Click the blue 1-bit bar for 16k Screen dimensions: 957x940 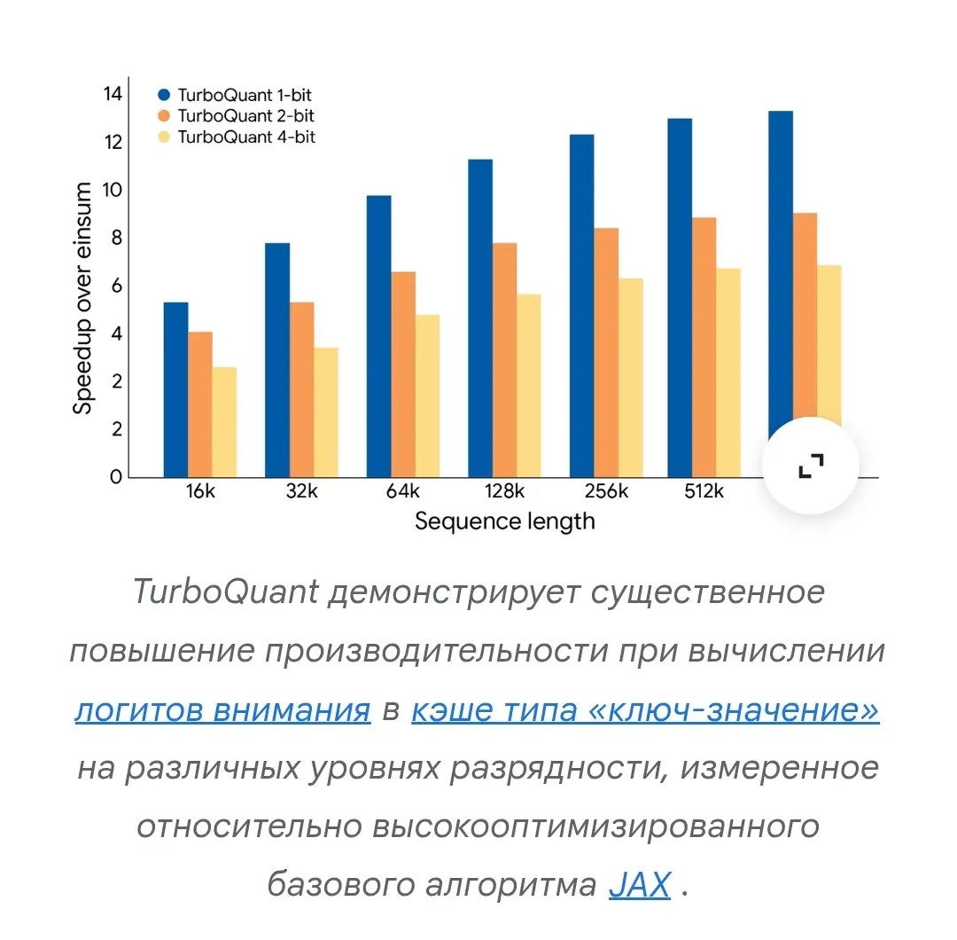pos(175,389)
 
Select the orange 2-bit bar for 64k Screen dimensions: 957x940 pos(403,374)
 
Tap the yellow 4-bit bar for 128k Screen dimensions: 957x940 pos(528,386)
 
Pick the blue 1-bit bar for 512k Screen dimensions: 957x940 pos(680,298)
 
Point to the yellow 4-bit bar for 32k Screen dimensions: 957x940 pos(326,412)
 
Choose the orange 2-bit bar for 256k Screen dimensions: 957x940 pos(606,352)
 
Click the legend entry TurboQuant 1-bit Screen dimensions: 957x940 pos(235,95)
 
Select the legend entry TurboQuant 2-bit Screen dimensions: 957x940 pos(237,116)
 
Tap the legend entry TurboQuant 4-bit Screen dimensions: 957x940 pos(237,137)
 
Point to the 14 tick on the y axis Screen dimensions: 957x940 pos(113,94)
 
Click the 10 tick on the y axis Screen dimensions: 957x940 pos(113,190)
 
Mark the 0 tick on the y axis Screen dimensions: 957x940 pos(116,476)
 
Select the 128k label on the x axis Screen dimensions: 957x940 pos(505,491)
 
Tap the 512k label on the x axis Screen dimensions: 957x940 pos(704,491)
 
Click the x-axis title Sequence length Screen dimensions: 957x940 pos(505,521)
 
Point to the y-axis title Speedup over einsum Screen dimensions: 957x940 pos(82,298)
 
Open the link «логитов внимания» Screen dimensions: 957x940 pos(222,709)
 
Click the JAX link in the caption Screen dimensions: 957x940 pos(640,884)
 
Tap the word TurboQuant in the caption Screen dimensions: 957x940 pos(226,591)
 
